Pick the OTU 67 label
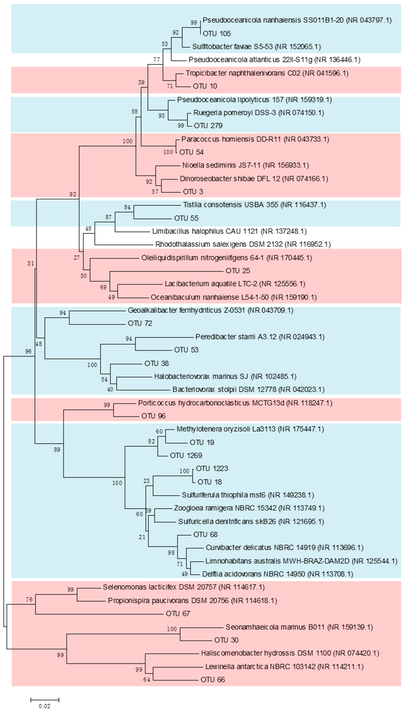coord(178,614)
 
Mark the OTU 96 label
coord(153,416)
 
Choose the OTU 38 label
coord(156,363)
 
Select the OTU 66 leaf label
coord(213,679)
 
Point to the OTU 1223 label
coord(212,468)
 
